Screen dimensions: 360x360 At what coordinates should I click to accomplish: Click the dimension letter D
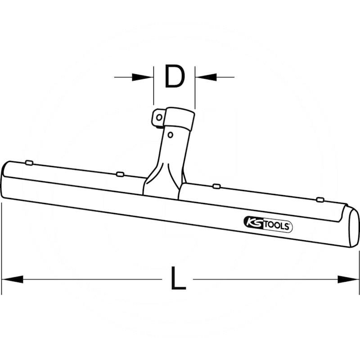click(175, 77)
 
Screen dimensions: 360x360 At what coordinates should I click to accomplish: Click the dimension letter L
click(178, 279)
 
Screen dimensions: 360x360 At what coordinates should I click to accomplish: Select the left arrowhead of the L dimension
click(12, 279)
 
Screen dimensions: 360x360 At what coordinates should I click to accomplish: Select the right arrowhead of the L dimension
click(348, 279)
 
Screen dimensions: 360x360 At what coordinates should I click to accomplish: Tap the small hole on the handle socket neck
click(170, 134)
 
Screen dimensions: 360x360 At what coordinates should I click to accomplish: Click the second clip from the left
click(120, 174)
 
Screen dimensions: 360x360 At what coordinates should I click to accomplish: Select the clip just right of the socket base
click(216, 186)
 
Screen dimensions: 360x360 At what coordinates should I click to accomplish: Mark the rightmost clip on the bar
click(320, 199)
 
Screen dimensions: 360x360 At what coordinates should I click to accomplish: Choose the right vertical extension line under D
click(195, 88)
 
